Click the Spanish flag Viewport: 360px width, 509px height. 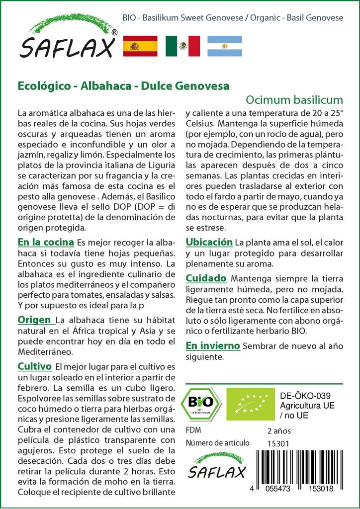140,46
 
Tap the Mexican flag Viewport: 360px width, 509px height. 182,46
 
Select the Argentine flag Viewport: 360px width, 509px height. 224,46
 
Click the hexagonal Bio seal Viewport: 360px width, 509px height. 202,404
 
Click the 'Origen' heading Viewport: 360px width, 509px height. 34,319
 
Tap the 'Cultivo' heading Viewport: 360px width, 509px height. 35,367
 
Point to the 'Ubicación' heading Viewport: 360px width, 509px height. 209,242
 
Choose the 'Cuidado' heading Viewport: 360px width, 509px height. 206,278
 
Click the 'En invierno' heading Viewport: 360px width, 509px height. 213,345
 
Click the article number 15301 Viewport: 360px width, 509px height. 278,443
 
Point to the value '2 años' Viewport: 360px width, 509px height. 279,430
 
